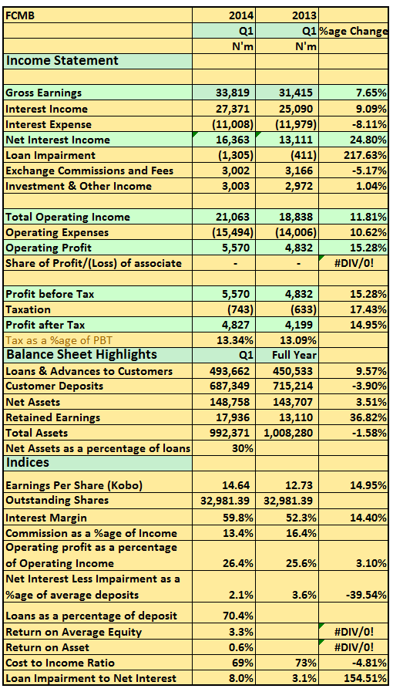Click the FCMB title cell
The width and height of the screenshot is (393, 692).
click(x=20, y=16)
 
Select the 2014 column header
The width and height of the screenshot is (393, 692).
click(x=241, y=16)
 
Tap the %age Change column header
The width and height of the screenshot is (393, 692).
click(x=354, y=32)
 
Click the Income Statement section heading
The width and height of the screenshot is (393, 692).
click(x=62, y=60)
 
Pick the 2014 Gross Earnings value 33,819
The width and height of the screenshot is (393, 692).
click(x=233, y=93)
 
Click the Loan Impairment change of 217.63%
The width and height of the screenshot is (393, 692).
click(x=364, y=155)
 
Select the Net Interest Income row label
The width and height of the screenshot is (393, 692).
click(x=58, y=140)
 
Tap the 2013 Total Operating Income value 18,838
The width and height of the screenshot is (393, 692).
click(x=296, y=217)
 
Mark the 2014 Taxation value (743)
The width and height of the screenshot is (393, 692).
click(x=240, y=309)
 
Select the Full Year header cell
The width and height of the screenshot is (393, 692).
click(x=294, y=355)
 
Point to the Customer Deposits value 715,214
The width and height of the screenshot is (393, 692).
click(x=293, y=386)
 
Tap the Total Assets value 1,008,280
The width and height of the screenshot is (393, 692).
click(x=288, y=433)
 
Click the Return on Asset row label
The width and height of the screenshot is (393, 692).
click(x=47, y=647)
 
